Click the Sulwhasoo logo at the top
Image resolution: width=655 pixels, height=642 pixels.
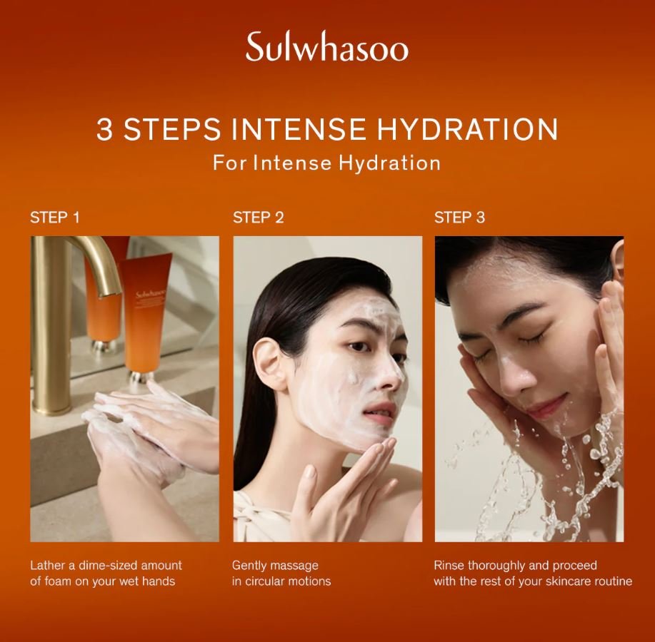click(326, 48)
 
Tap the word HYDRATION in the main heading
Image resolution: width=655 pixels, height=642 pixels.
click(467, 129)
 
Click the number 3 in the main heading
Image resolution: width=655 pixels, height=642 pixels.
click(104, 129)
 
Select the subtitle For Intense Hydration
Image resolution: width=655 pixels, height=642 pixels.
click(326, 163)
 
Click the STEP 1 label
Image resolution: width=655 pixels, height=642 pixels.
click(55, 218)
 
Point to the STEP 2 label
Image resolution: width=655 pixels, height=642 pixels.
click(258, 218)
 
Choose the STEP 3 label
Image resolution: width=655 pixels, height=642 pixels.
click(459, 218)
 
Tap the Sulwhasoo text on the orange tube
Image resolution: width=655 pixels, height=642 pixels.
click(151, 294)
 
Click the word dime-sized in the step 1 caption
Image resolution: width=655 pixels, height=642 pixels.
click(108, 566)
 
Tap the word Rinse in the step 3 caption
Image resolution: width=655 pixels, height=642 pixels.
click(449, 566)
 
